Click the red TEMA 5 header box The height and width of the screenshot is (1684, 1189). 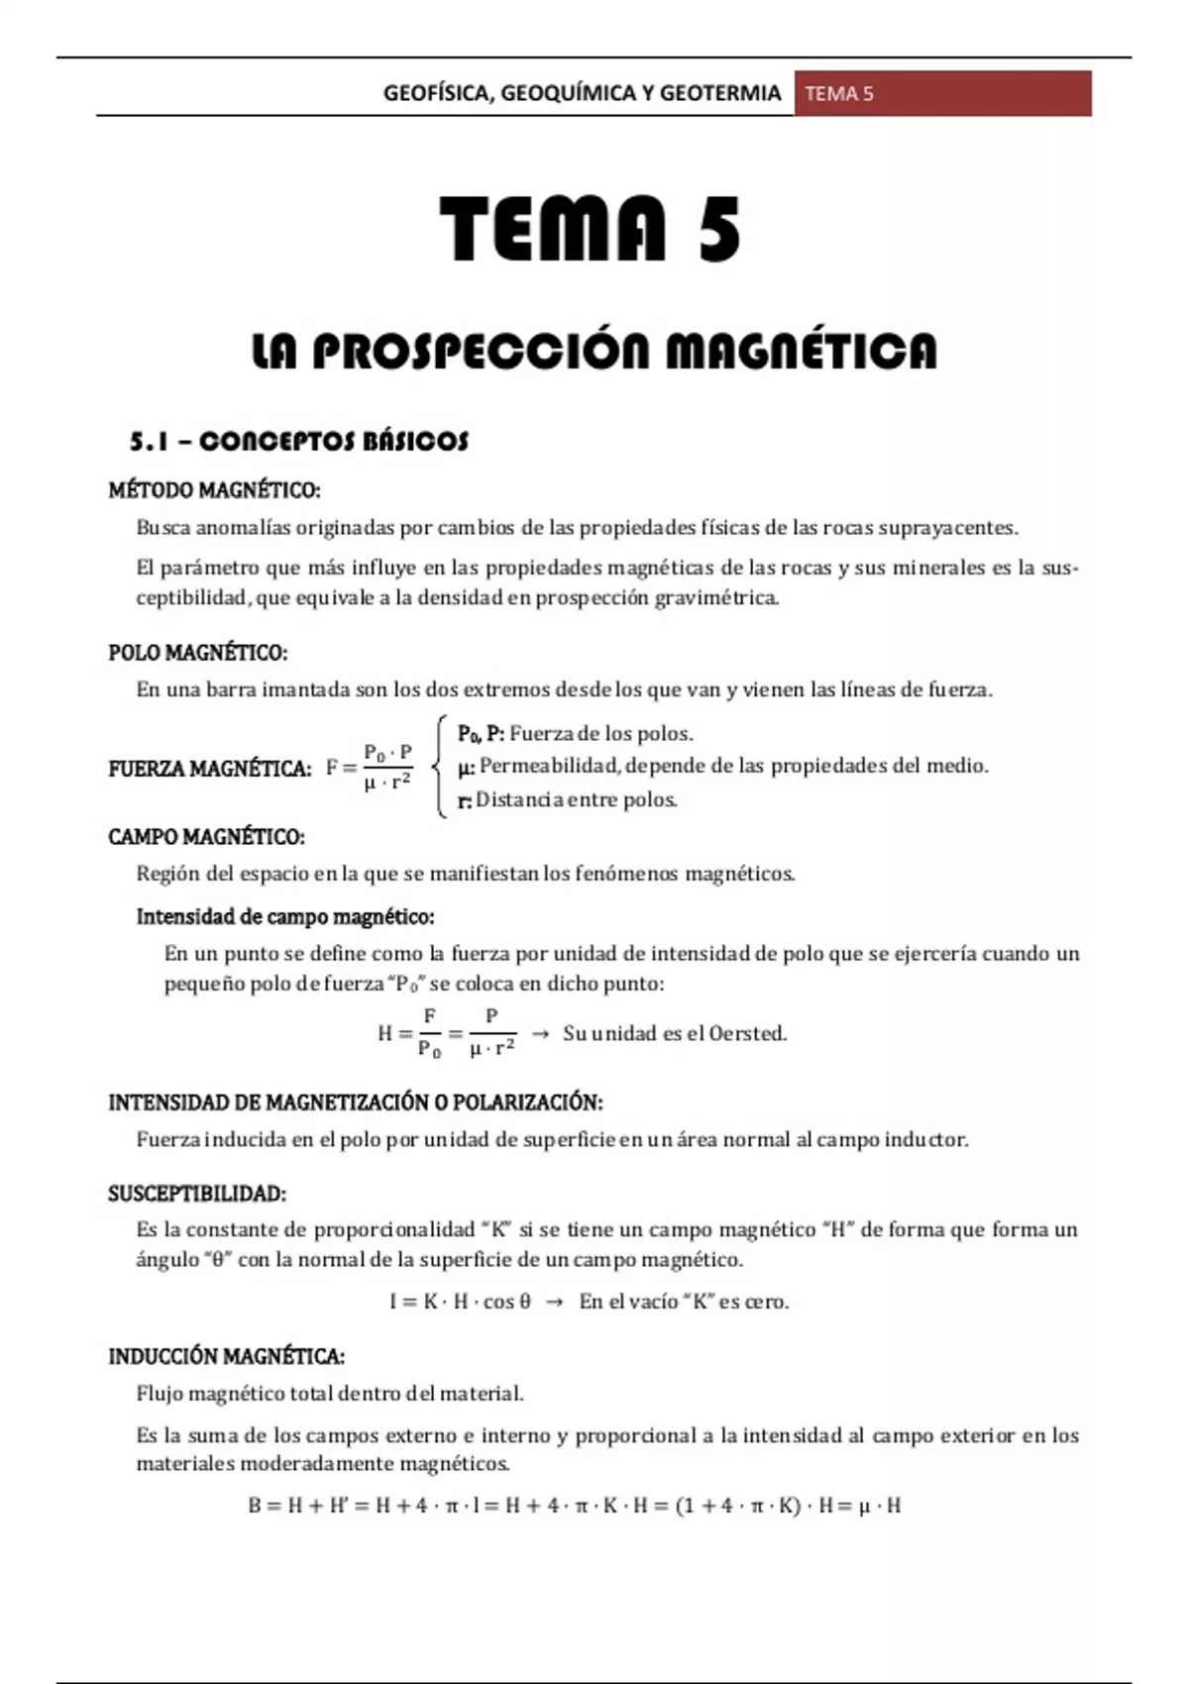[x=941, y=94]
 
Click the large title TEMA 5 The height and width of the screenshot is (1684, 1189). [x=591, y=230]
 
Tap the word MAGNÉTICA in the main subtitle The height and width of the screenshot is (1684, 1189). [x=801, y=352]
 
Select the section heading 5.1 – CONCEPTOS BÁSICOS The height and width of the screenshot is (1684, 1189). [x=298, y=442]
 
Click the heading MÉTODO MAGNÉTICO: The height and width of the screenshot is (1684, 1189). [x=214, y=490]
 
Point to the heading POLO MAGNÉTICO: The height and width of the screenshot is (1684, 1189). [x=197, y=653]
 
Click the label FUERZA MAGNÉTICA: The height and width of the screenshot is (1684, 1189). [x=210, y=769]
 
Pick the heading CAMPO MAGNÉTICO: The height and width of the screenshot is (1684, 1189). [x=206, y=837]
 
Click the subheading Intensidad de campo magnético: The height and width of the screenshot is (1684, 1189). [x=285, y=916]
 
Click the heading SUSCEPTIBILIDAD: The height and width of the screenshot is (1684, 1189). [x=197, y=1194]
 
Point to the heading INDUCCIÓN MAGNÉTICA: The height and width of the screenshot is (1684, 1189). [x=226, y=1356]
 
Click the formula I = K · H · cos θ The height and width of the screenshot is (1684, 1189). [x=461, y=1302]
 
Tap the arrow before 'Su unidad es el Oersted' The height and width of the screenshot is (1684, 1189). [x=540, y=1033]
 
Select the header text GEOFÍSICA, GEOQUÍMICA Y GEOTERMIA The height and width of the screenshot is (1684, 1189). [x=582, y=94]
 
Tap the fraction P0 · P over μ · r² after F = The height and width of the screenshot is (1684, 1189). [x=388, y=768]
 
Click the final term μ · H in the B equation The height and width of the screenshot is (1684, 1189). [x=880, y=1507]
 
